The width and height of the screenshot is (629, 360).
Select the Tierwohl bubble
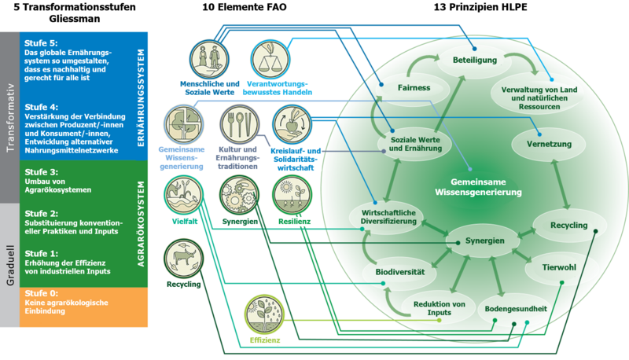pos(559,267)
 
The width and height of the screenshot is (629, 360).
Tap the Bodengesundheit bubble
pos(515,308)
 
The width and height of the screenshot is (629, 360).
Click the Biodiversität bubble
pos(399,272)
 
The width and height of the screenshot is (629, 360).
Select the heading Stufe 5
pos(42,43)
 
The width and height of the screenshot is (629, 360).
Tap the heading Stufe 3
pos(42,172)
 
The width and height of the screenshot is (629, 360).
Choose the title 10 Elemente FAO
pos(245,7)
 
